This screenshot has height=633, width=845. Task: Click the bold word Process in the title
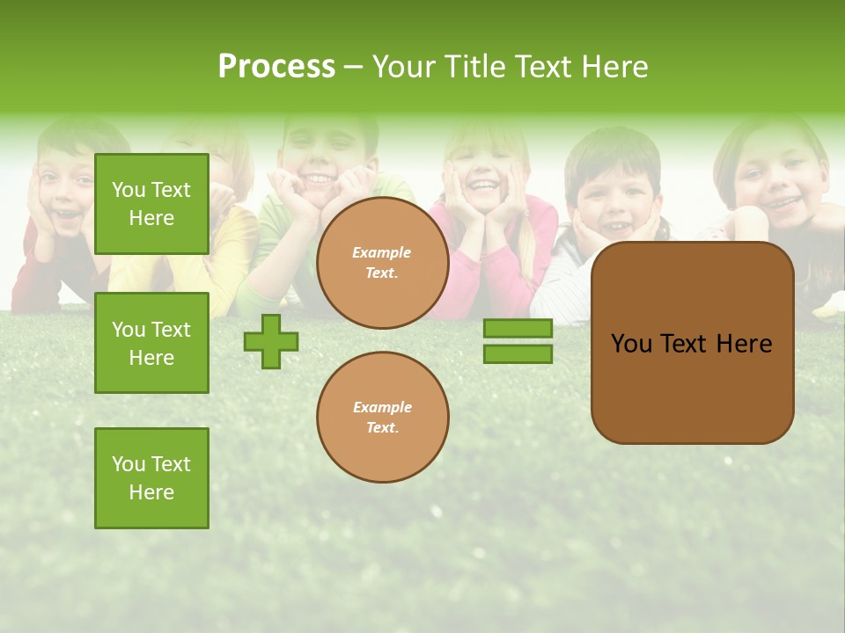pyautogui.click(x=276, y=67)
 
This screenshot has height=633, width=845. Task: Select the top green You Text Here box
pyautogui.click(x=151, y=204)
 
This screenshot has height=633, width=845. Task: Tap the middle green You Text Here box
pyautogui.click(x=151, y=343)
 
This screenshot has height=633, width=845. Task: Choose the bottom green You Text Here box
pyautogui.click(x=151, y=477)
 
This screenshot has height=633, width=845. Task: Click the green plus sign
pyautogui.click(x=271, y=341)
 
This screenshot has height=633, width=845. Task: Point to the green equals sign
pyautogui.click(x=518, y=341)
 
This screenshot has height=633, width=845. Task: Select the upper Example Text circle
pyautogui.click(x=382, y=263)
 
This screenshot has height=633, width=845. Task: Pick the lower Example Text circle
pyautogui.click(x=382, y=417)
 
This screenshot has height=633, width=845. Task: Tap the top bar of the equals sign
pyautogui.click(x=518, y=329)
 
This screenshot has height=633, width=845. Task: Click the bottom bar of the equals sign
pyautogui.click(x=518, y=353)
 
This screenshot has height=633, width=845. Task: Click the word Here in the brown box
pyautogui.click(x=744, y=344)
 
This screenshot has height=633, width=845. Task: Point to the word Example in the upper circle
pyautogui.click(x=382, y=252)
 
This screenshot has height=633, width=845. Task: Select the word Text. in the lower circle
pyautogui.click(x=382, y=427)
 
